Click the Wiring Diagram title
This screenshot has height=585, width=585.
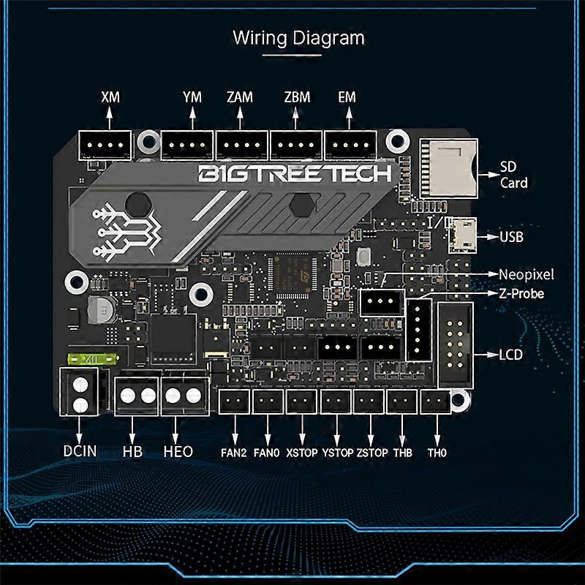pyautogui.click(x=298, y=37)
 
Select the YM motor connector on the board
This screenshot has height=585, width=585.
pyautogui.click(x=186, y=146)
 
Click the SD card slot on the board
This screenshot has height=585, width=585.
pyautogui.click(x=447, y=167)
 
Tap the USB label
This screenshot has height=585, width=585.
pyautogui.click(x=511, y=237)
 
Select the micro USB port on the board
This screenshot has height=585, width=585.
pyautogui.click(x=461, y=235)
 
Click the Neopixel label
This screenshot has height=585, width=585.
pyautogui.click(x=526, y=275)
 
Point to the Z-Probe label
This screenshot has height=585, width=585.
pyautogui.click(x=522, y=293)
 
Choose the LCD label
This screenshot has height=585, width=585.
pyautogui.click(x=511, y=355)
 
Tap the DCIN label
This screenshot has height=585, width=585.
pyautogui.click(x=80, y=451)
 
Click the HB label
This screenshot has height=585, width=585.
pyautogui.click(x=132, y=451)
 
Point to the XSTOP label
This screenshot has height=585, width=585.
pyautogui.click(x=302, y=453)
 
